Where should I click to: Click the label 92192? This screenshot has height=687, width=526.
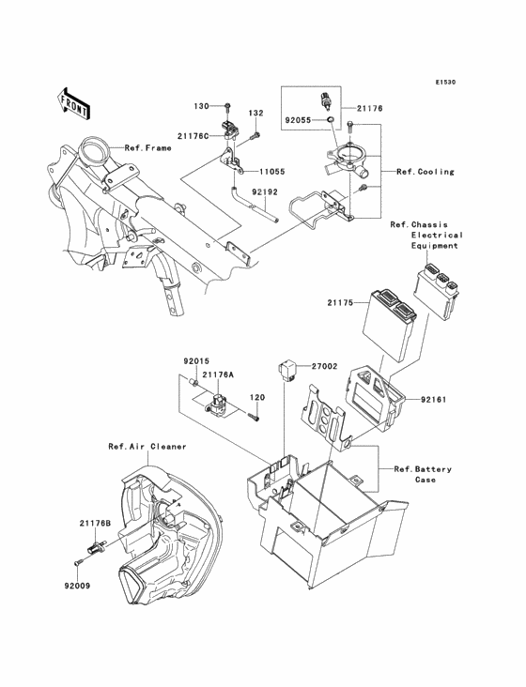(x=268, y=192)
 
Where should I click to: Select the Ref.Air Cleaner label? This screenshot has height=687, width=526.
(x=147, y=446)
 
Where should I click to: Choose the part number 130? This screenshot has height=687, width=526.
(x=201, y=105)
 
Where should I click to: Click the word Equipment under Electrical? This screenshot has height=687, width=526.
(x=434, y=246)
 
